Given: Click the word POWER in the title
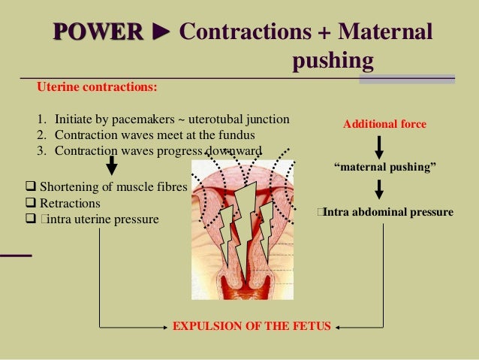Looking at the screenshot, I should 98,32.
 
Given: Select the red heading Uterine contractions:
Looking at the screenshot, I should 97,87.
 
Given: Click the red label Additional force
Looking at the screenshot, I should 384,124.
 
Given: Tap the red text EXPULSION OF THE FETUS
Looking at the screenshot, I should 252,328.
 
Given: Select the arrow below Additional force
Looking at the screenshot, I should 384,145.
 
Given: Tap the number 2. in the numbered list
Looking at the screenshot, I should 41,135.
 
